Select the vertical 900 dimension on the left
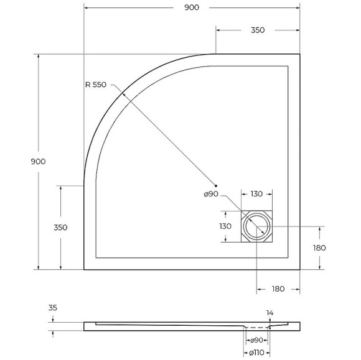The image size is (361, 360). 38,161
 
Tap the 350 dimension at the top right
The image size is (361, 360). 258,30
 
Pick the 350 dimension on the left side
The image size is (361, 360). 60,228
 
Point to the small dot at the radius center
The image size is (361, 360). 216,185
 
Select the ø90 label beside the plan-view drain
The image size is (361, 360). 210,195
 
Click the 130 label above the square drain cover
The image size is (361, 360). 256,195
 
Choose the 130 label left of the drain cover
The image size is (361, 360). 225,227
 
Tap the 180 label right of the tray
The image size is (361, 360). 320,247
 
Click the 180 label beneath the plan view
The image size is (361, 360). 278,289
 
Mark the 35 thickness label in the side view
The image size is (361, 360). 52,307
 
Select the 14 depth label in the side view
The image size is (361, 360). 270,313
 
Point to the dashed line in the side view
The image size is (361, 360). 256,327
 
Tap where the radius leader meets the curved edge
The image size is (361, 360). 123,93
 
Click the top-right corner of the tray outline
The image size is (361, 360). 301,54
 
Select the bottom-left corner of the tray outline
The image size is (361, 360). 84,270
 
